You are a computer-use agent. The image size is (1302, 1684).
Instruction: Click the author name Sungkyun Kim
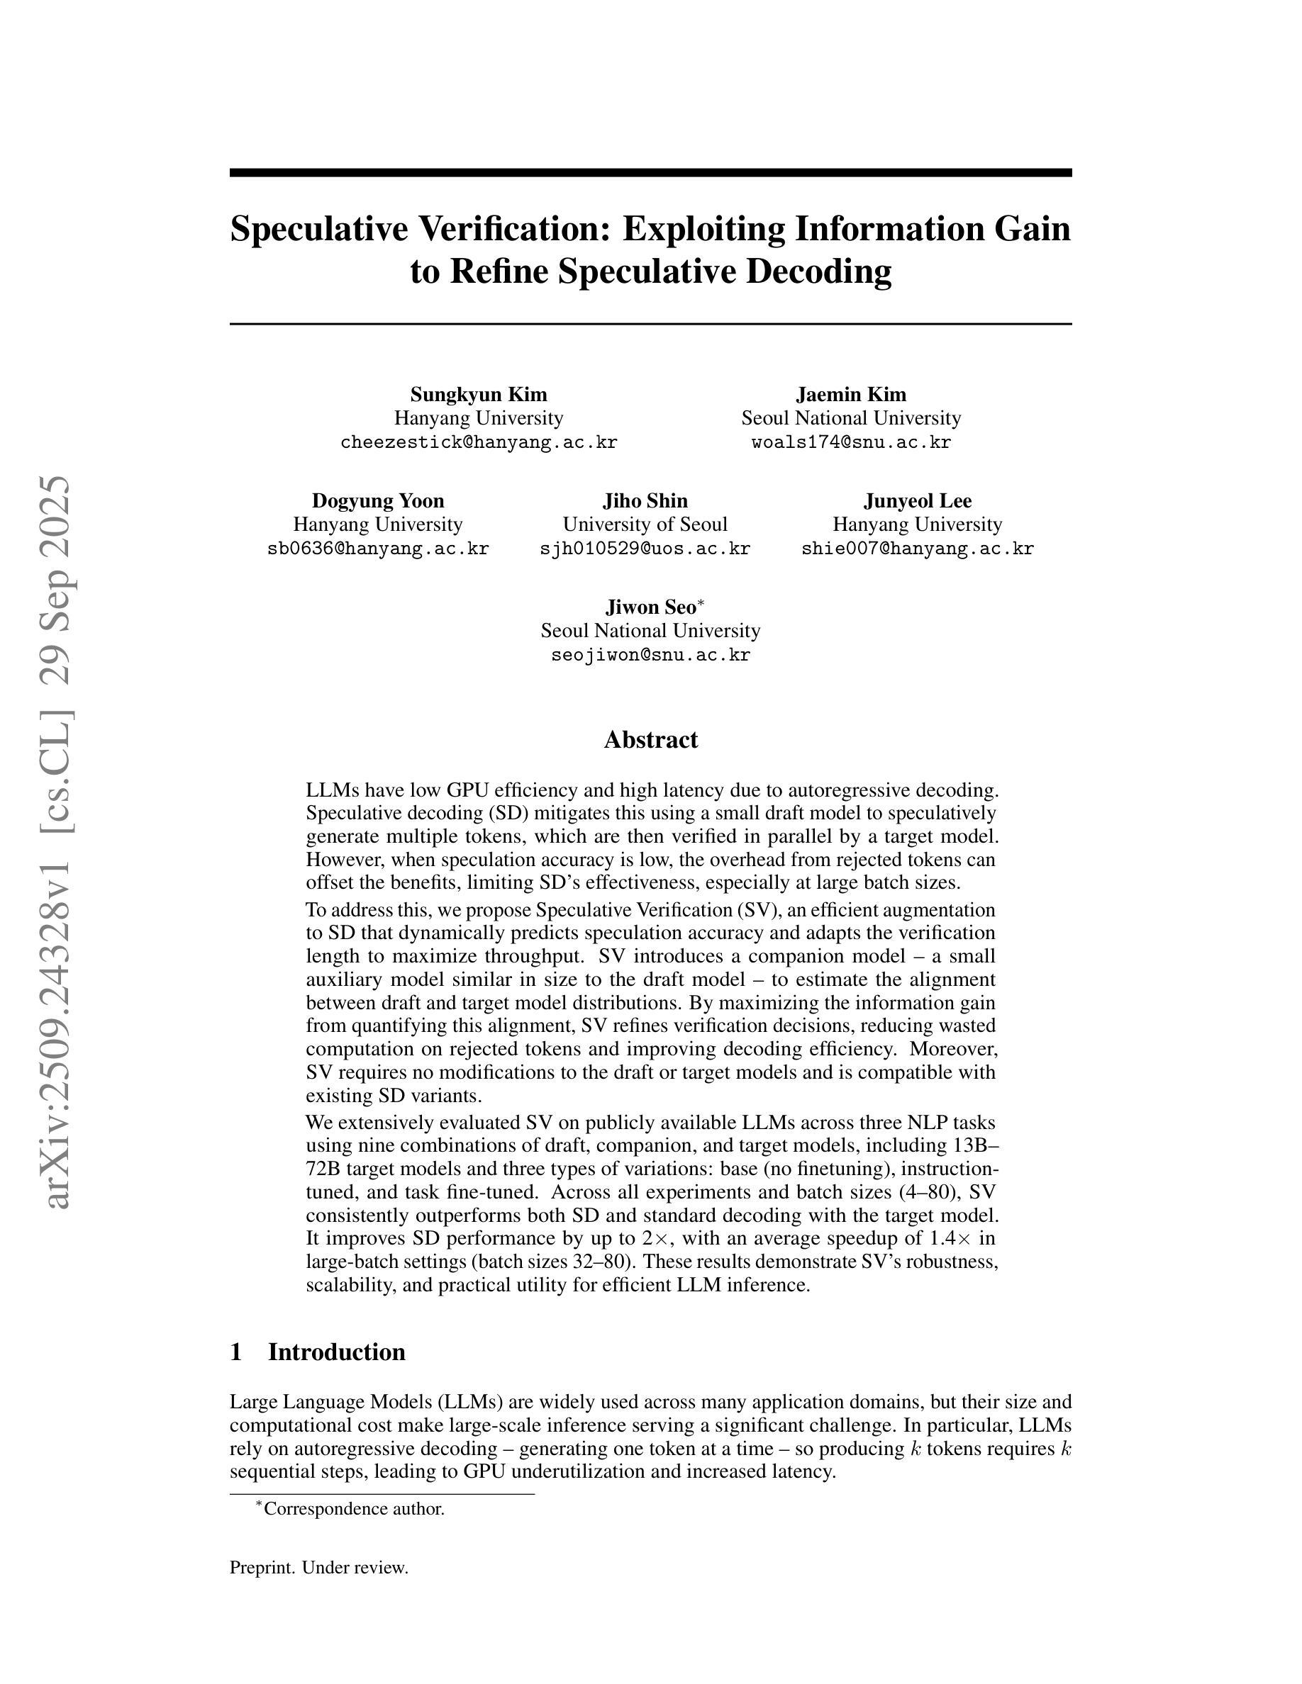tap(478, 395)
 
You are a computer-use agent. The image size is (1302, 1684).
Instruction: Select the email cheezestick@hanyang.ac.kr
tap(478, 442)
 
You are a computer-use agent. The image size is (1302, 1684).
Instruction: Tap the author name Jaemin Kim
tap(851, 395)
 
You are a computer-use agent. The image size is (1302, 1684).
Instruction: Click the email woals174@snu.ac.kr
tap(851, 442)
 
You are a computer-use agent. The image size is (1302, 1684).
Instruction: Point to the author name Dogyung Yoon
tap(378, 501)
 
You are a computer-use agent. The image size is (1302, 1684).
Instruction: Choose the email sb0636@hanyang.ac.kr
tap(378, 549)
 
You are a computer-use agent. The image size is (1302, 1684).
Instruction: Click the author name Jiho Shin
tap(645, 501)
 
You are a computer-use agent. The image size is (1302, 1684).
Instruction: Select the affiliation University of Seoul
tap(645, 524)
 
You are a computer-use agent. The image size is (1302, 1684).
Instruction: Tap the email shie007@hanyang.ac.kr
tap(917, 549)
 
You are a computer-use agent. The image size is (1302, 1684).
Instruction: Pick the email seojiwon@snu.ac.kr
tap(650, 656)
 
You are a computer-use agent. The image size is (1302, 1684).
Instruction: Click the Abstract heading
tap(650, 740)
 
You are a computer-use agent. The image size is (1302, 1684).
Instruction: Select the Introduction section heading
tap(335, 1352)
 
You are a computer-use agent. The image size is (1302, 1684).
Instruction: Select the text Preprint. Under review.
tap(318, 1568)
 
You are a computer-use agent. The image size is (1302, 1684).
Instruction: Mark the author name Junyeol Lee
tap(917, 501)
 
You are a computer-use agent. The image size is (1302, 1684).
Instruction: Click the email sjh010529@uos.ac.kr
tap(645, 549)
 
